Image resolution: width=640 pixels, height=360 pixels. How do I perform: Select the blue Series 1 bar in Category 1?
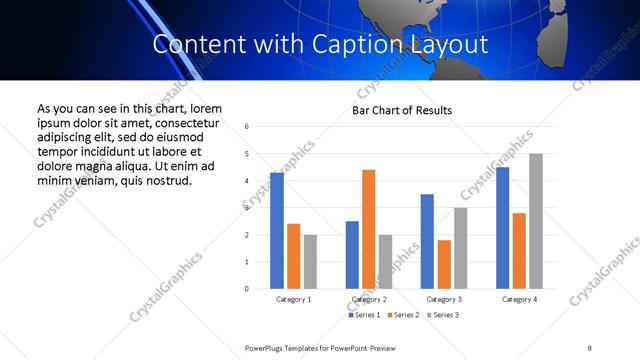click(x=277, y=230)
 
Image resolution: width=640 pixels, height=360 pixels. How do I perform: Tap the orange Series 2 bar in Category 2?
click(x=369, y=229)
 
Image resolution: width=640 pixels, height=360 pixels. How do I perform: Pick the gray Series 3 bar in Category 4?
click(x=536, y=221)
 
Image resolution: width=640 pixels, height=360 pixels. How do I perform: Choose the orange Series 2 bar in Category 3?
click(x=444, y=264)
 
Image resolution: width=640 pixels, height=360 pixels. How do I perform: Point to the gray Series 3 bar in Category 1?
click(x=310, y=261)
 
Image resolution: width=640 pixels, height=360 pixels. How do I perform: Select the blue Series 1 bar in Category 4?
click(x=503, y=227)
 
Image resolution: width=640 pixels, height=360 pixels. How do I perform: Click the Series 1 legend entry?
click(x=365, y=316)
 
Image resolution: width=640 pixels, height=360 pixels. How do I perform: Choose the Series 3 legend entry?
click(x=444, y=316)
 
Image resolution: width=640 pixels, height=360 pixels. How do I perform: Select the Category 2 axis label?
click(x=369, y=299)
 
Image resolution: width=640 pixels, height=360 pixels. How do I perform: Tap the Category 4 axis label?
click(x=519, y=299)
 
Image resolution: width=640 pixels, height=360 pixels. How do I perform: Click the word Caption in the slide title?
click(x=344, y=45)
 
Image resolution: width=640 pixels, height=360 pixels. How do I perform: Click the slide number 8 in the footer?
click(x=590, y=346)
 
